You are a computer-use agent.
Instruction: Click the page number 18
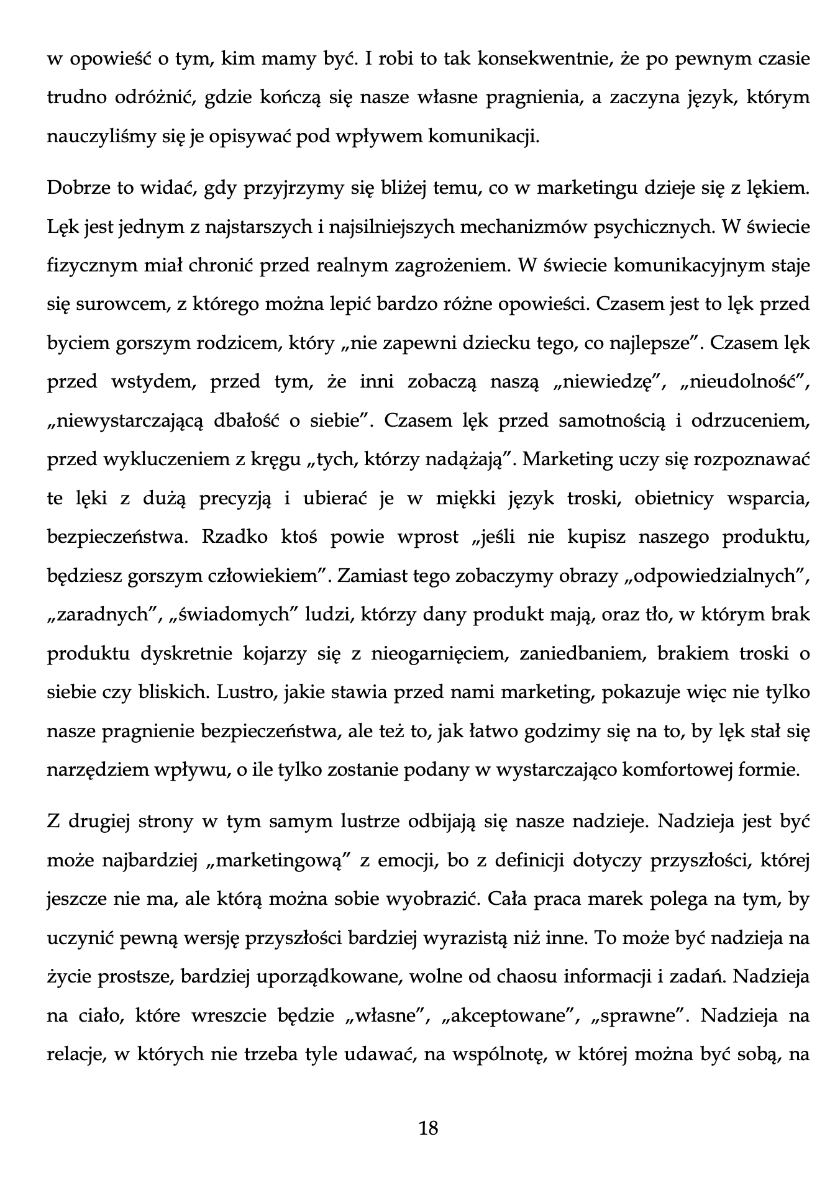point(429,1127)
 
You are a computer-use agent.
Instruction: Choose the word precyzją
point(235,498)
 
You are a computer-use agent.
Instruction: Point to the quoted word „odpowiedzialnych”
point(714,576)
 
